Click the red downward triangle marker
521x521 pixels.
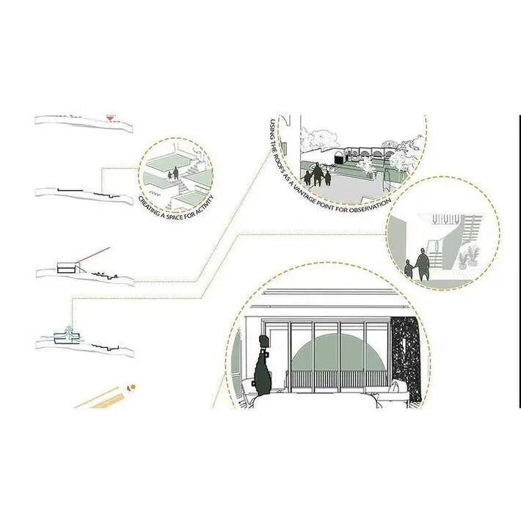[110, 118]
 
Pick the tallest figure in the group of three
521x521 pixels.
[318, 175]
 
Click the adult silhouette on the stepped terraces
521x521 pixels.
[175, 173]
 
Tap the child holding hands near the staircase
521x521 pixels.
[409, 268]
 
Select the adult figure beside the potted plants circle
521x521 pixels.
[423, 264]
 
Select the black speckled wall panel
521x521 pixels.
[406, 359]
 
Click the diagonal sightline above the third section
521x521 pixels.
[93, 255]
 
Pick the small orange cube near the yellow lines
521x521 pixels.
[132, 387]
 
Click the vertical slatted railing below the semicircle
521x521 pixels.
[338, 379]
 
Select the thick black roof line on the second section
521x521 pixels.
[70, 190]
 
